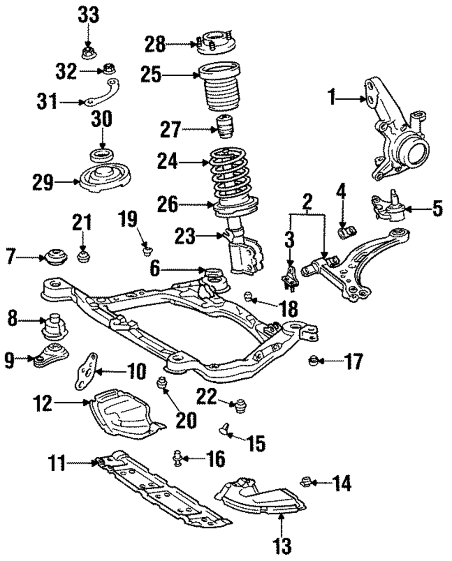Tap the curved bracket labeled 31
101,93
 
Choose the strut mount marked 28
216,43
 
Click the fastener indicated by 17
313,361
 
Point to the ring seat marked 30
102,156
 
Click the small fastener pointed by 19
148,251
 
